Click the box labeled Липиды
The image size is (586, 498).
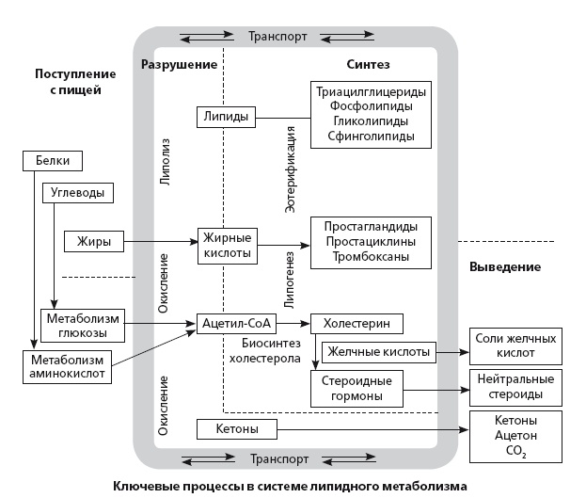coord(227,118)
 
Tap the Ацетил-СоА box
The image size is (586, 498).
coord(235,324)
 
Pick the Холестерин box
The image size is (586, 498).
coord(356,324)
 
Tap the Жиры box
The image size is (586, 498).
coord(94,242)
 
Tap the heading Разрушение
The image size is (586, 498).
coord(179,65)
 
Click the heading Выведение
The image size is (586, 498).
coord(504,266)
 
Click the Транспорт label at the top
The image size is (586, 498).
coord(277,37)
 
